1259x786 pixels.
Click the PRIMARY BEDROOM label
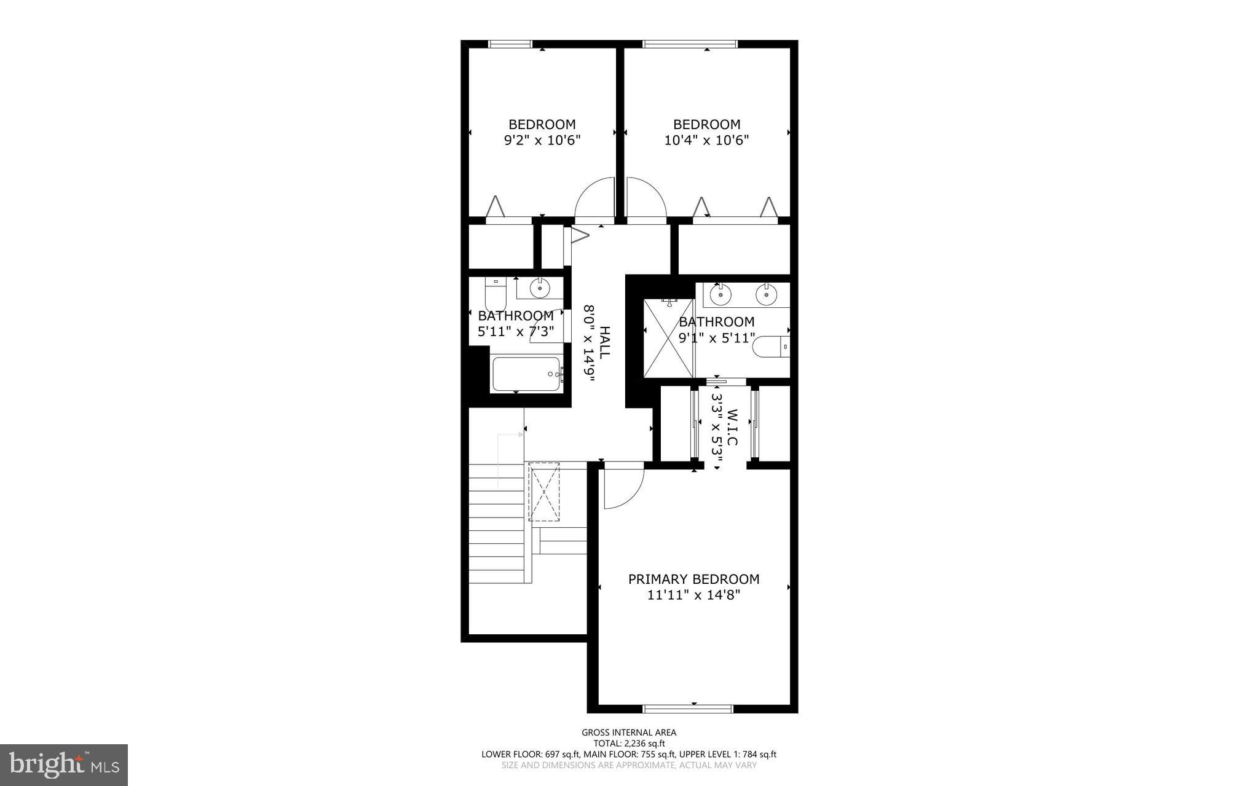(x=693, y=579)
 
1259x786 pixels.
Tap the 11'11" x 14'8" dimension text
(x=693, y=595)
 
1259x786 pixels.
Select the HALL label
(x=605, y=343)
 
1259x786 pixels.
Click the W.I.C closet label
(x=732, y=428)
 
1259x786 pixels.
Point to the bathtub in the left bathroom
(x=526, y=374)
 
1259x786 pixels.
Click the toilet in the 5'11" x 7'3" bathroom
(x=495, y=295)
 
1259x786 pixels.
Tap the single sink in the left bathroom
(x=540, y=288)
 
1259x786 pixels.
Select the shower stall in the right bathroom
(x=668, y=338)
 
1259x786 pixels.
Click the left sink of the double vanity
(x=720, y=294)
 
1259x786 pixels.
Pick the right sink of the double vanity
(x=766, y=294)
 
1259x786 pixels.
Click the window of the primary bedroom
(x=687, y=709)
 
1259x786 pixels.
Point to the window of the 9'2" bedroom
(x=510, y=44)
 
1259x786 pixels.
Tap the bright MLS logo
(x=64, y=764)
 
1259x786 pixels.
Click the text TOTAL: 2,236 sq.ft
(x=629, y=743)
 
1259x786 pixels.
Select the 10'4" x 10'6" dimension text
(x=706, y=140)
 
